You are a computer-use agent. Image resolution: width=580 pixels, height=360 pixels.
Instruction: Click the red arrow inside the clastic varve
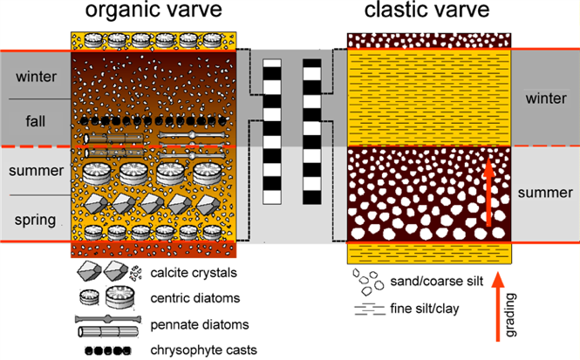(x=488, y=188)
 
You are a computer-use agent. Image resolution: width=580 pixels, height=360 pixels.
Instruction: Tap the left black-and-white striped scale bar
(x=272, y=131)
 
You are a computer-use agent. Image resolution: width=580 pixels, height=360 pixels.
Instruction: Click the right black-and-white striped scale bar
(x=311, y=131)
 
